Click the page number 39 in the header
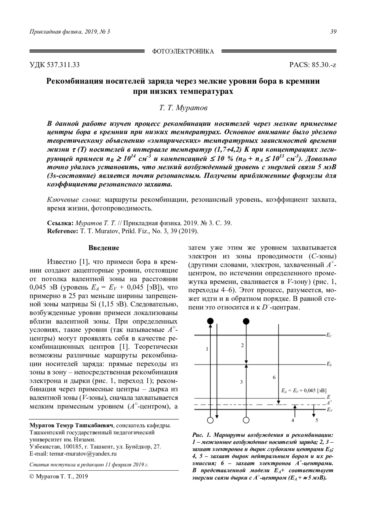333,32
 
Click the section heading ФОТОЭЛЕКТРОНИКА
183,51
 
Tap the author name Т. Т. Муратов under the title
183,108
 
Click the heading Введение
104,248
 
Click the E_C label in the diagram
329,335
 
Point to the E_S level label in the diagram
329,364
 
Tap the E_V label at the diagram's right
329,410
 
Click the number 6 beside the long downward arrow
274,377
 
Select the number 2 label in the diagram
242,345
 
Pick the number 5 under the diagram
317,420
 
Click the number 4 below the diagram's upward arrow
293,420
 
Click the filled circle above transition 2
246,321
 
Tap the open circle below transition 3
246,420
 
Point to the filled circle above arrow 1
210,321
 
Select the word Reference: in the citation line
63,231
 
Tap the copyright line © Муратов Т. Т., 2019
58,477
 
